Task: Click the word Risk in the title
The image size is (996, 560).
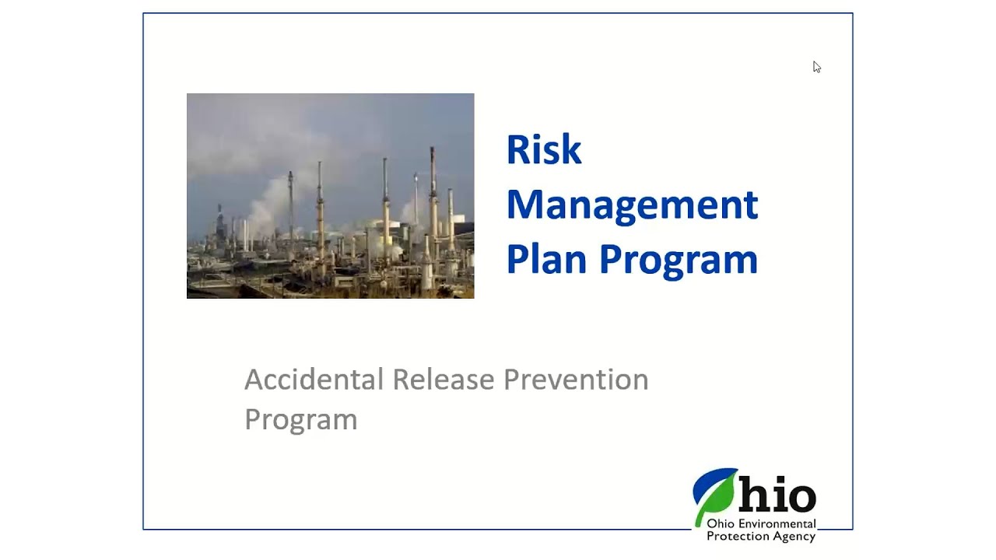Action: coord(543,149)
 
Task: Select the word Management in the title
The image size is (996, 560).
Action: coord(632,205)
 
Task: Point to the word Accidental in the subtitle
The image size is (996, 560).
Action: coord(314,380)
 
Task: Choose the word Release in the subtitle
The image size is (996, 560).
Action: coord(443,380)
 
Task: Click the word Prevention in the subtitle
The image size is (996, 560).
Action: coord(575,380)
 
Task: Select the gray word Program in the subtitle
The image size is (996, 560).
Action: coord(300,419)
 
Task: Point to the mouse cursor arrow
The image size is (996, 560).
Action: coord(816,67)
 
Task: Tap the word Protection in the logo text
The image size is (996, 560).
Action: coord(735,537)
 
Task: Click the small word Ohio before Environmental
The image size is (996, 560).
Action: coord(718,525)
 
